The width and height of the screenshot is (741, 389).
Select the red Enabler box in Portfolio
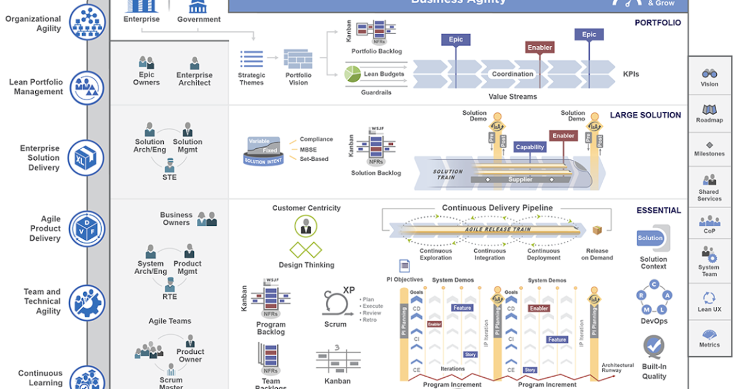click(539, 48)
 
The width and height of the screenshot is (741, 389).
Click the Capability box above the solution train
click(529, 147)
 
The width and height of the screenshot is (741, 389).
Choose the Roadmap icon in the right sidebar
click(709, 109)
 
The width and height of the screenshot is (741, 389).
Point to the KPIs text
click(630, 74)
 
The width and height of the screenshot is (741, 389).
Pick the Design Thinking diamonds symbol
click(306, 250)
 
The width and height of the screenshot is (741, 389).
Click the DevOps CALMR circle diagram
click(653, 298)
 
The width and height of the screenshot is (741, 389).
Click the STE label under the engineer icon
click(169, 177)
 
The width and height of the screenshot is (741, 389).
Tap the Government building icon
click(198, 6)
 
